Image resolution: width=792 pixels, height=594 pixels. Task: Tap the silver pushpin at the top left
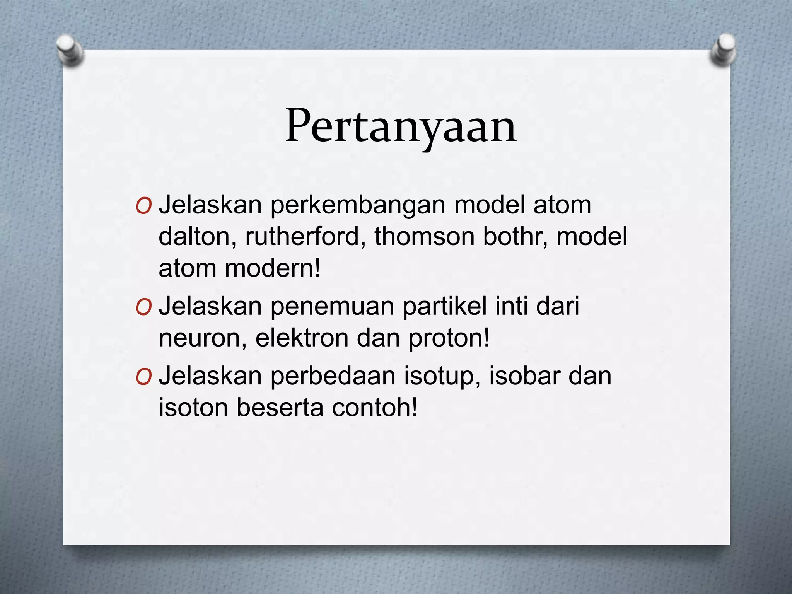[x=70, y=50]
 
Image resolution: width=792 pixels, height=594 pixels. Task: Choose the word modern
[x=272, y=268]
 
